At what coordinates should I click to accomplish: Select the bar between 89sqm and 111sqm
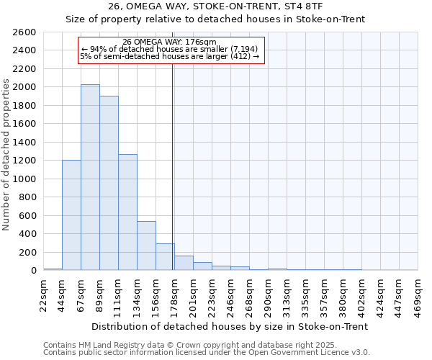[109, 183]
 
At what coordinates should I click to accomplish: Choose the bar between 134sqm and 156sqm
[146, 246]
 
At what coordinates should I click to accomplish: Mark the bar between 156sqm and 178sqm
[165, 257]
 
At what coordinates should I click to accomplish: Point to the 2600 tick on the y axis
[24, 32]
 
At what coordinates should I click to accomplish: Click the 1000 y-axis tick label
[24, 179]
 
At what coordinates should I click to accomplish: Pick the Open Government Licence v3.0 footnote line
[206, 353]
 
